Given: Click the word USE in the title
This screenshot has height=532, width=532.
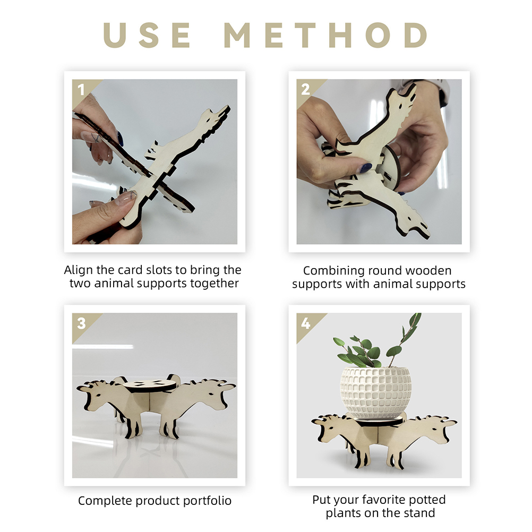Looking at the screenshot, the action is tap(147, 35).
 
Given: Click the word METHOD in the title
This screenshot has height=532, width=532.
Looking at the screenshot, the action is tap(325, 35).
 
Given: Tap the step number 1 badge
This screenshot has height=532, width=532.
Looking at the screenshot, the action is tap(81, 90).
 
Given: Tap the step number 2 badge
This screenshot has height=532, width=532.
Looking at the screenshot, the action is tap(305, 90).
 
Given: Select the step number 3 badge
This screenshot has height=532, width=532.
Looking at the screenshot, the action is tap(81, 323).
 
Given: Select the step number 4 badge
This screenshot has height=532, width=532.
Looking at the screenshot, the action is tap(306, 323).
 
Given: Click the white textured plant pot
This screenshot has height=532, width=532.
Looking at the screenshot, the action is tap(375, 392).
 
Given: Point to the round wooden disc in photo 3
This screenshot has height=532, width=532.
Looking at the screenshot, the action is tap(150, 386).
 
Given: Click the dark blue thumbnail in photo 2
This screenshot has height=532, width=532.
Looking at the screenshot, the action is tap(366, 168).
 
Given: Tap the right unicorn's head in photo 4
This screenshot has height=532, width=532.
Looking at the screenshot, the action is tap(437, 427).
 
